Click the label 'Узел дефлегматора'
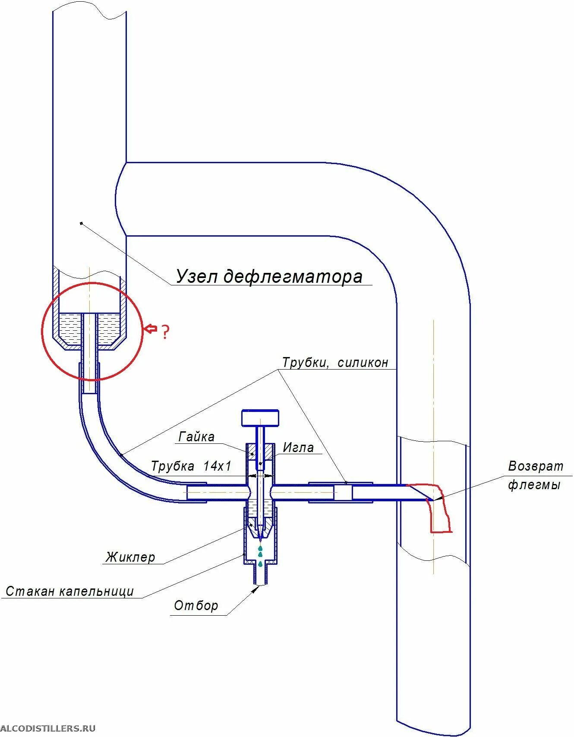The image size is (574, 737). tap(269, 276)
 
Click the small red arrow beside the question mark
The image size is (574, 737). tap(150, 329)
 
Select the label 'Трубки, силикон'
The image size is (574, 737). tap(335, 362)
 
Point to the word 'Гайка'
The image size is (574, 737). tap(196, 437)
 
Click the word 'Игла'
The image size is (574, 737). tap(298, 447)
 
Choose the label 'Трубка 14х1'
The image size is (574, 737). tap(191, 466)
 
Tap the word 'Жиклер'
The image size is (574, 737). tap(130, 557)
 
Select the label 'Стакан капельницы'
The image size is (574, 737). tap(70, 591)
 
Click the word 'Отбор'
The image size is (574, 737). tap(196, 606)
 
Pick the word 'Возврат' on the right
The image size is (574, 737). tap(536, 466)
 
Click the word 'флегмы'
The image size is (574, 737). tap(534, 485)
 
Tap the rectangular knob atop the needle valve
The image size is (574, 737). tap(260, 418)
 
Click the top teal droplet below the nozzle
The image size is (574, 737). tap(260, 548)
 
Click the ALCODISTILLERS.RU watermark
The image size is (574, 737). tap(47, 728)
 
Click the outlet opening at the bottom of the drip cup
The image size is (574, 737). tap(260, 584)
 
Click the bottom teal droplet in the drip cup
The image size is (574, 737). tap(260, 564)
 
